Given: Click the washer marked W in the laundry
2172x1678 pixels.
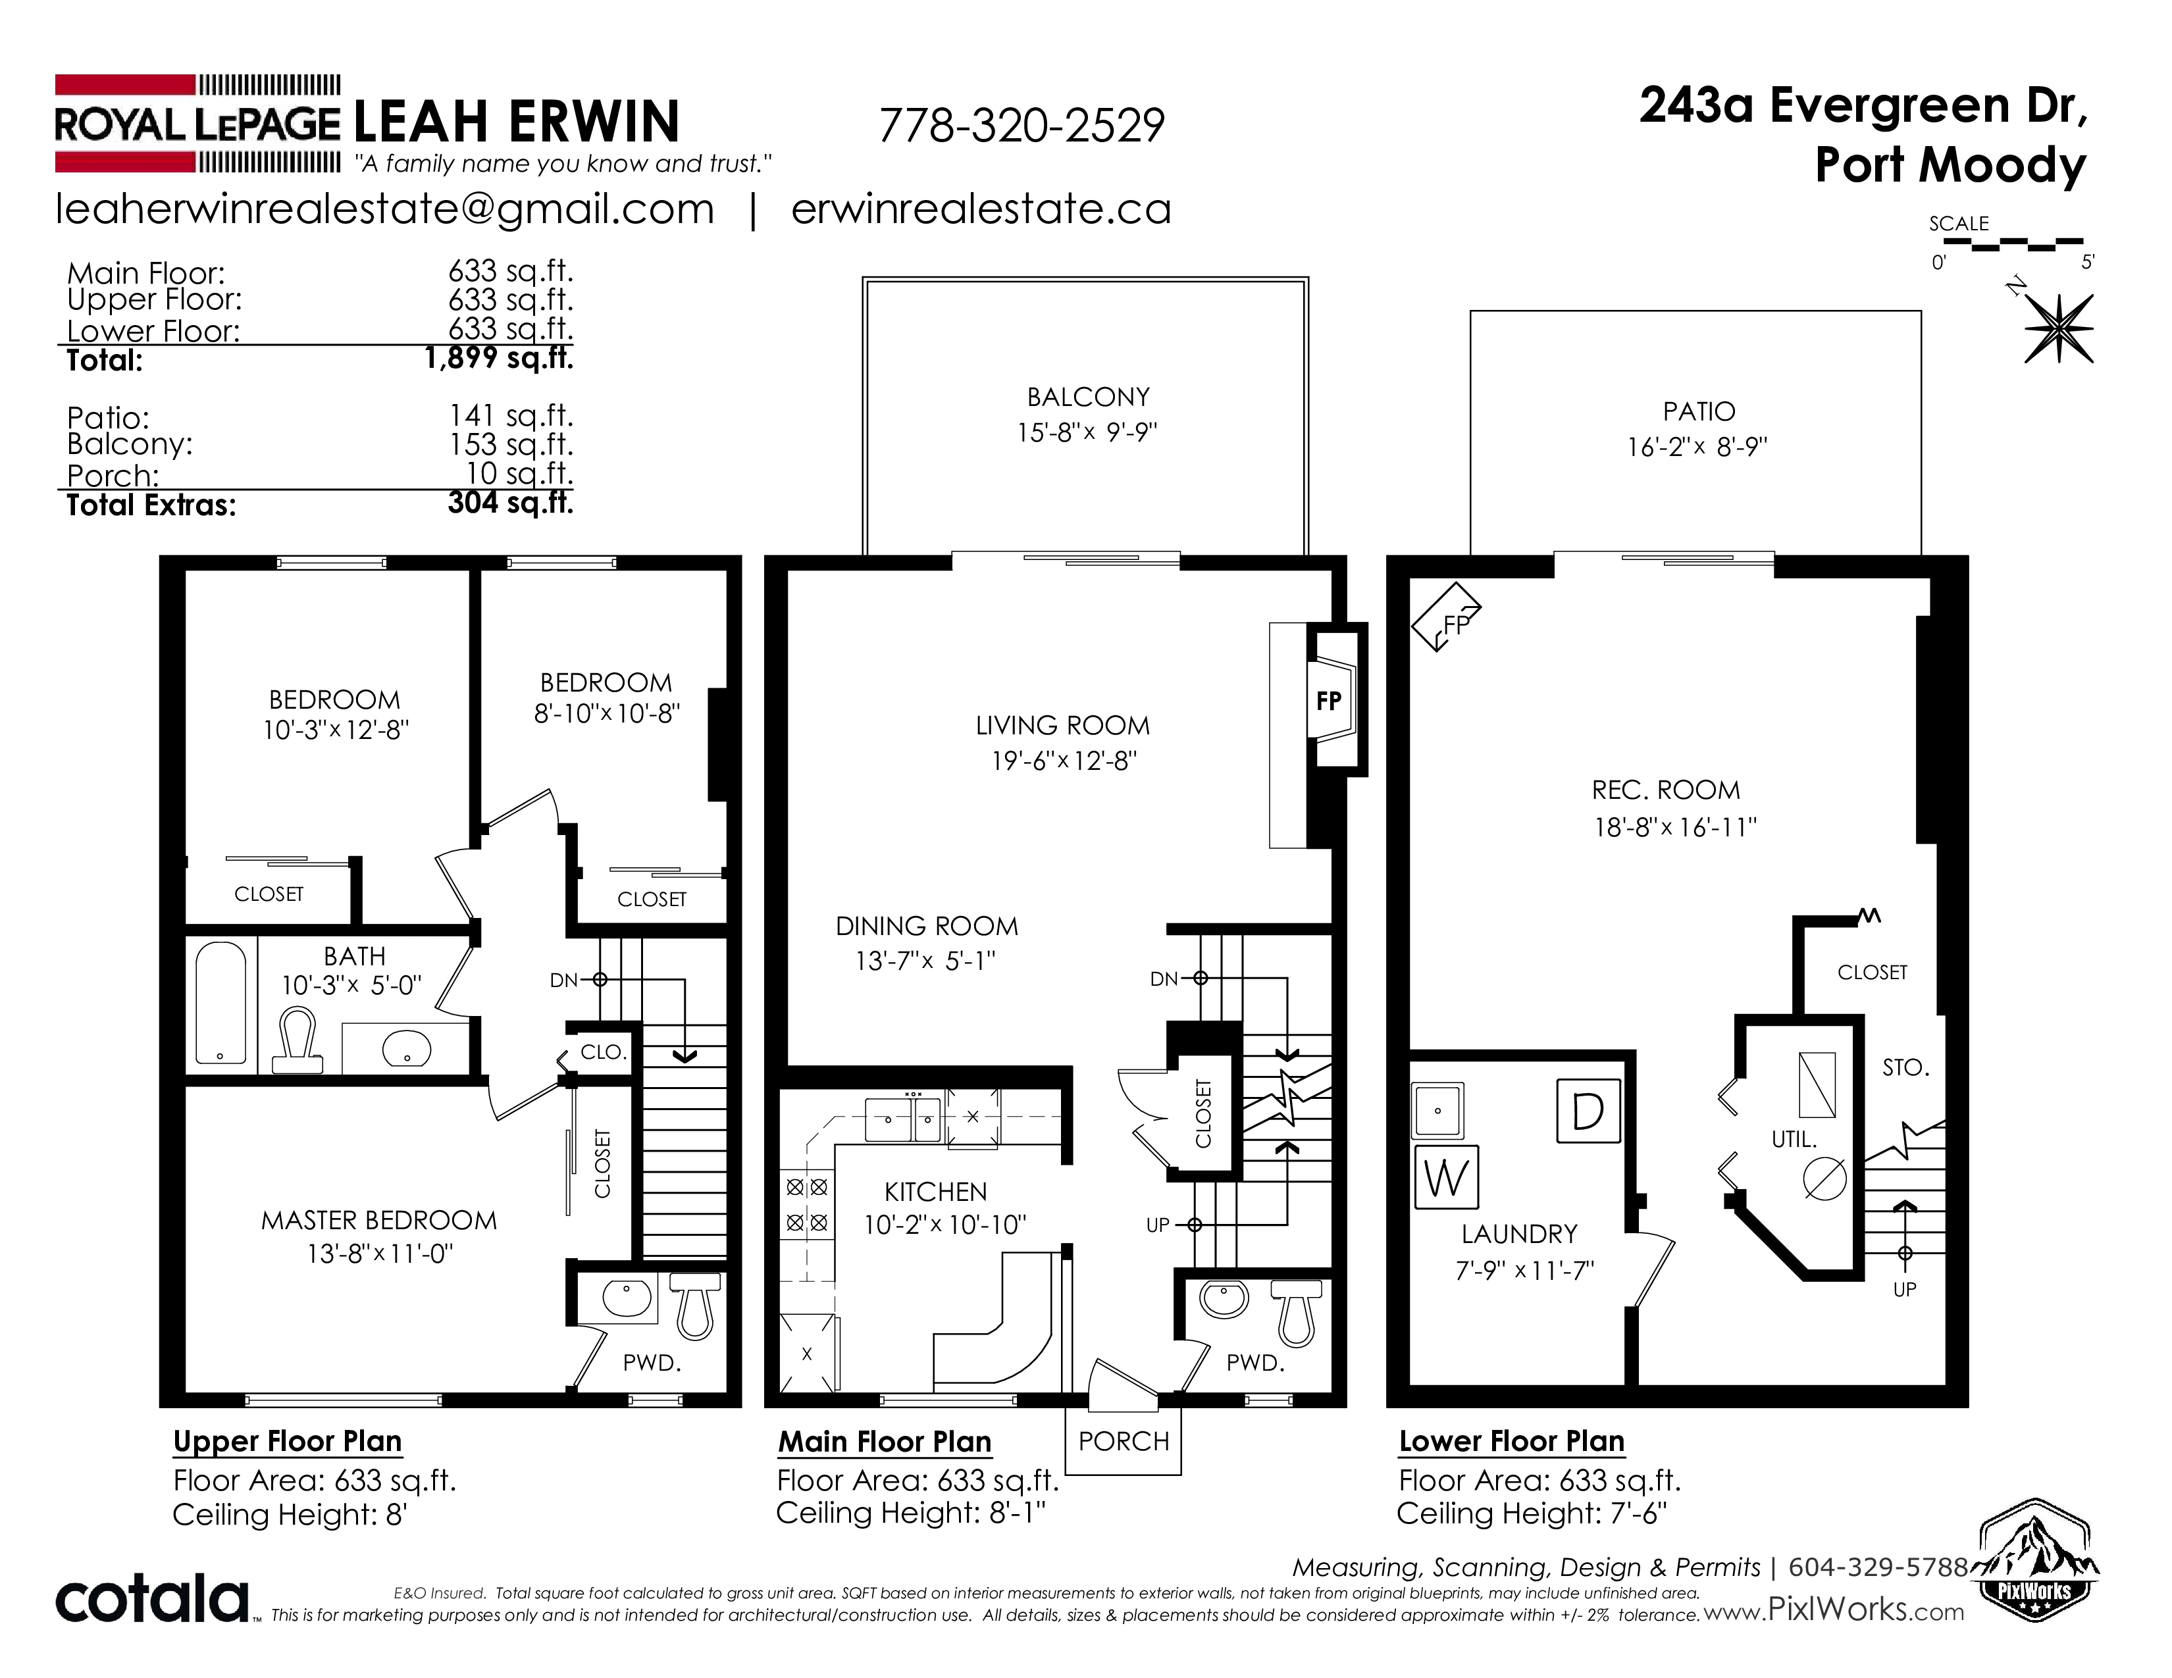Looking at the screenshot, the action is (1446, 1178).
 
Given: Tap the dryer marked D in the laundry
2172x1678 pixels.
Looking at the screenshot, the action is (1588, 1110).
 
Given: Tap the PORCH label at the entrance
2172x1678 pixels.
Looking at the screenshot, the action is (1124, 1440).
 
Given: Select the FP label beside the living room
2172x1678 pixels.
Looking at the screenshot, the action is (1329, 701).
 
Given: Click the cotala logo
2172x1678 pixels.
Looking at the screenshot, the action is (151, 1598).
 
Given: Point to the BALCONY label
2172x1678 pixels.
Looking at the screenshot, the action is (1088, 397).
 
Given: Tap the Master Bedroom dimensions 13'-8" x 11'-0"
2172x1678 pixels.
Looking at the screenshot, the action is (380, 1254).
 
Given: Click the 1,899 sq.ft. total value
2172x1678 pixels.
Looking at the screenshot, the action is (500, 358).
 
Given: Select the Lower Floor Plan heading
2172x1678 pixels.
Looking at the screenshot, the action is (1512, 1441).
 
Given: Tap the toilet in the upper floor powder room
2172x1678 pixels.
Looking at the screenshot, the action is (696, 1306).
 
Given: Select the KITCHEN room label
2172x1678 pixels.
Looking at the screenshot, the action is (936, 1192).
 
